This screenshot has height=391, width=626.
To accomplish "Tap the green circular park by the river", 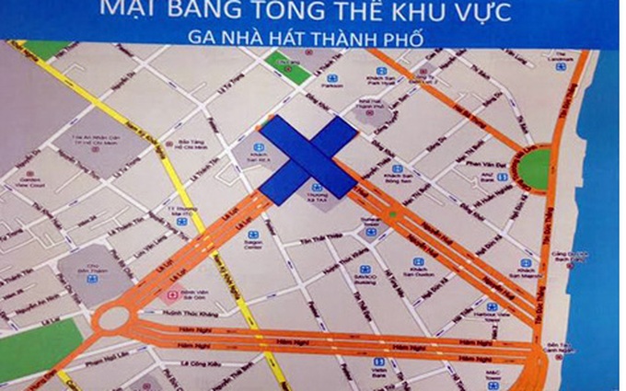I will pyautogui.click(x=535, y=167).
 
